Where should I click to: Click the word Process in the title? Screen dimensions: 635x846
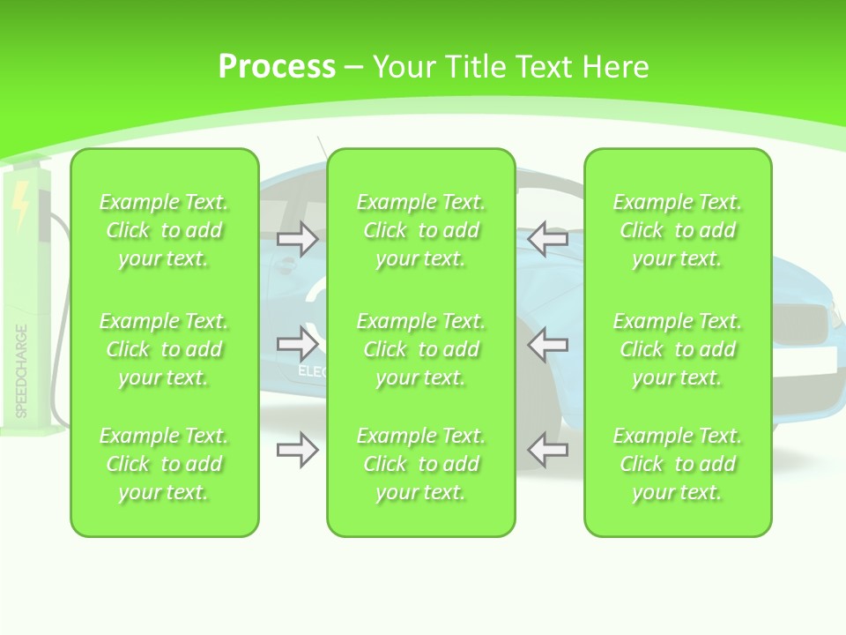click(x=277, y=67)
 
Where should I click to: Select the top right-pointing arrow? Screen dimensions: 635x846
click(x=297, y=239)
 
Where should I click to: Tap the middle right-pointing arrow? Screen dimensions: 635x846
click(x=297, y=344)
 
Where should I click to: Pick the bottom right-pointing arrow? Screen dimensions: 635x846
click(x=297, y=450)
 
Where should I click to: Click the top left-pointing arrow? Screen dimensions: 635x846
click(x=547, y=239)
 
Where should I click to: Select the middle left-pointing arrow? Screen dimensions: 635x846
click(x=547, y=344)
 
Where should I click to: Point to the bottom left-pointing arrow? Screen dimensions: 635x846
click(x=547, y=450)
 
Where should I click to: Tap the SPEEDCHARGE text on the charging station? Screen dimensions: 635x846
click(x=21, y=370)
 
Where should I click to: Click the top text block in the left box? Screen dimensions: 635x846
click(x=164, y=230)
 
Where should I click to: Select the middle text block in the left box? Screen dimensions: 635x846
click(x=164, y=349)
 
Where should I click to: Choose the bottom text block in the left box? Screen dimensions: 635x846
click(x=164, y=464)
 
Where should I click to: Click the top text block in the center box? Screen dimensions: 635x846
click(x=421, y=230)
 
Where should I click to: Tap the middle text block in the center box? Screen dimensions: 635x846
click(x=421, y=349)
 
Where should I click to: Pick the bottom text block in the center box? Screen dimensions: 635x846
click(x=421, y=464)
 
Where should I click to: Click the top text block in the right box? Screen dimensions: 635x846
click(x=678, y=230)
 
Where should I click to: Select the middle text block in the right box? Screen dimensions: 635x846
click(x=678, y=349)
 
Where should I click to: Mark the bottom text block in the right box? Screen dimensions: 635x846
click(x=678, y=464)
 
